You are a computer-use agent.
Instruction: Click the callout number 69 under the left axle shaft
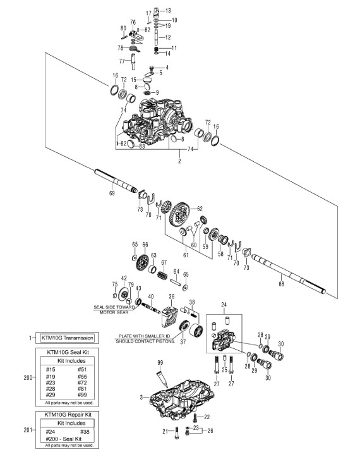[x=112, y=193]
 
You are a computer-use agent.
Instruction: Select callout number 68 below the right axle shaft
[x=282, y=284]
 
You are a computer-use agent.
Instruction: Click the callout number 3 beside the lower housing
[x=141, y=397]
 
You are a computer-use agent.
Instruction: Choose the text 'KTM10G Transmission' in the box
[x=68, y=338]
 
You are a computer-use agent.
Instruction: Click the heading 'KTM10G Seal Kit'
[x=68, y=352]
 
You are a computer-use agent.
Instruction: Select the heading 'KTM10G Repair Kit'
[x=68, y=415]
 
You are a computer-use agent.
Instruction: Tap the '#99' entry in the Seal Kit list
[x=83, y=394]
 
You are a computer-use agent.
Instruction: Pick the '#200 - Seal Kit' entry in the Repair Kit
[x=64, y=439]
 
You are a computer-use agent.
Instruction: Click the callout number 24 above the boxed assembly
[x=224, y=305]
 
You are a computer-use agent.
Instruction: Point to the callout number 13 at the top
[x=168, y=11]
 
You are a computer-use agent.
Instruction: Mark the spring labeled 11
[x=156, y=49]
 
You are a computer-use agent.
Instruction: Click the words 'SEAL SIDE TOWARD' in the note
[x=114, y=307]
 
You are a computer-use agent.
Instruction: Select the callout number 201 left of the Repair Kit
[x=28, y=430]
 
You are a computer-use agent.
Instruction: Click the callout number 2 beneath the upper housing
[x=179, y=161]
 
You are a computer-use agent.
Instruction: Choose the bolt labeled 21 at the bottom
[x=177, y=432]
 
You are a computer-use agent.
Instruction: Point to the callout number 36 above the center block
[x=172, y=296]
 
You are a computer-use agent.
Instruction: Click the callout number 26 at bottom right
[x=210, y=430]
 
